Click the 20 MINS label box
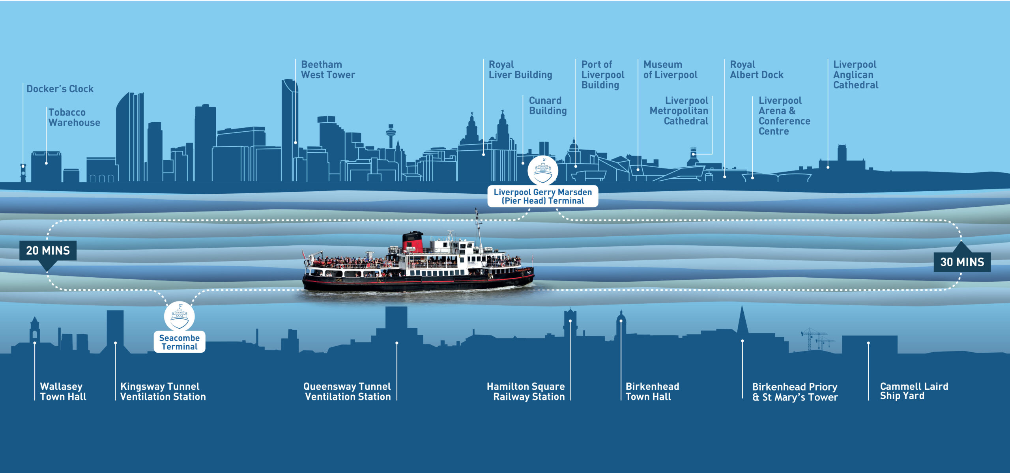[48, 251]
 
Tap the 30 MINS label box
[962, 262]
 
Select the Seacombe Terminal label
[180, 342]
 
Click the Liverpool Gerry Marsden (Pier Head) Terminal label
[543, 196]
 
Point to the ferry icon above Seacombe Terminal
[180, 316]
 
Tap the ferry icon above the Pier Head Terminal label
[543, 170]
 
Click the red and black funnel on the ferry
[413, 242]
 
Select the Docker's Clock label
[60, 89]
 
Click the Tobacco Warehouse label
[74, 118]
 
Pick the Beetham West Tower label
[328, 69]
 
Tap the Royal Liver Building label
[520, 69]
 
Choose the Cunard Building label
[548, 106]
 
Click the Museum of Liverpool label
[670, 69]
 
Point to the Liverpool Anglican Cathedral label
[856, 75]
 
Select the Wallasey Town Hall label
[63, 391]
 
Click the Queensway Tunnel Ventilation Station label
[347, 391]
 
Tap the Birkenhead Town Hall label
[652, 391]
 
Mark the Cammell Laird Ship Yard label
[914, 391]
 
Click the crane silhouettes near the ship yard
[817, 339]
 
